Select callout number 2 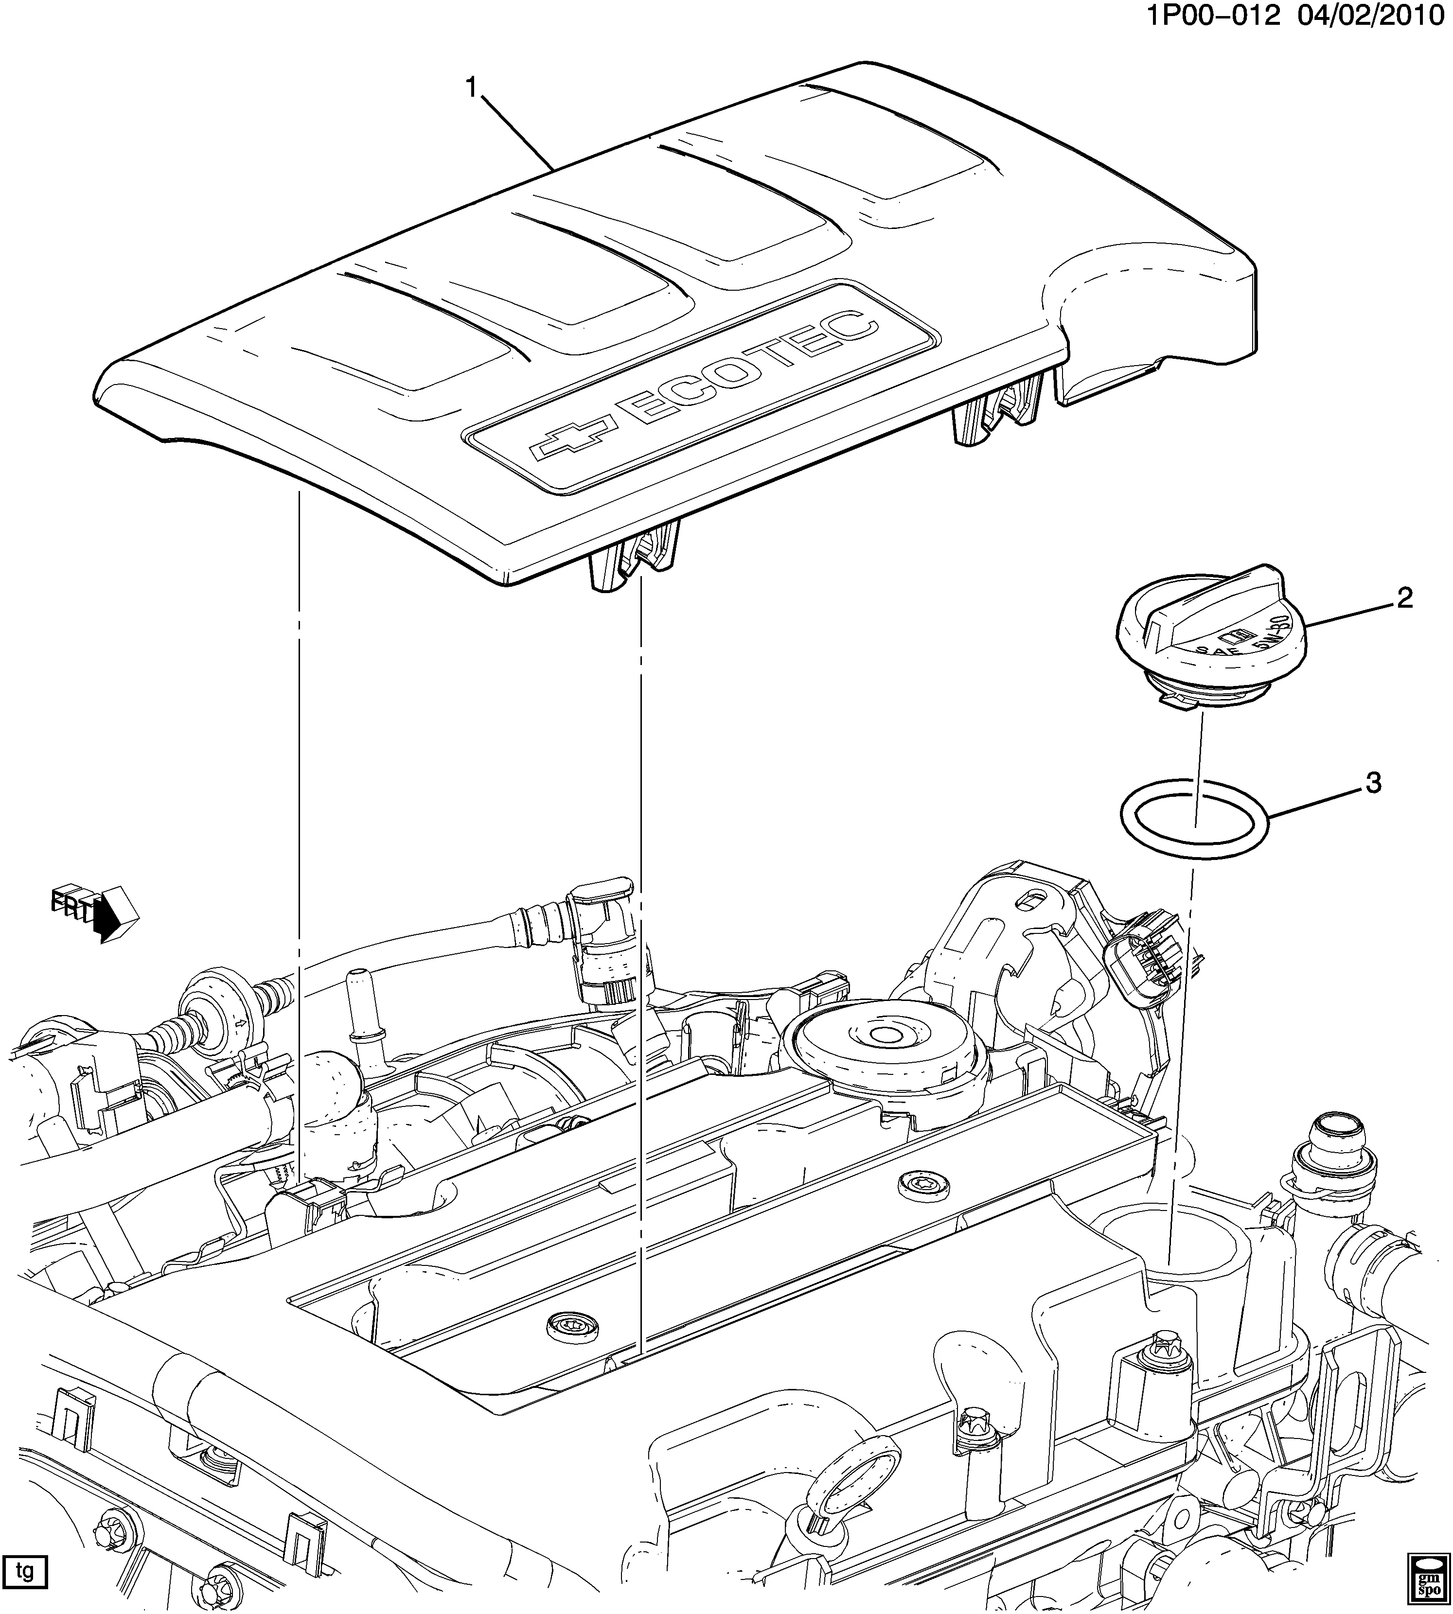[x=1403, y=598]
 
